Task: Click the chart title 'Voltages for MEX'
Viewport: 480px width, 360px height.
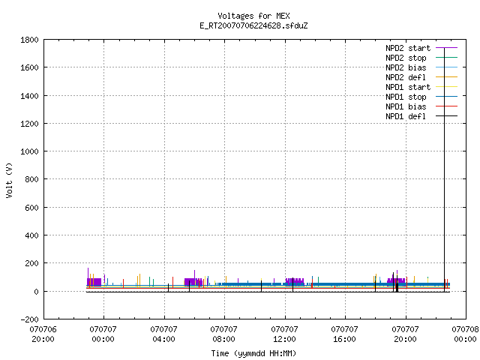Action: [x=253, y=16]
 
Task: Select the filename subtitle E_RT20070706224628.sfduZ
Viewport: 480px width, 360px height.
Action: [x=253, y=25]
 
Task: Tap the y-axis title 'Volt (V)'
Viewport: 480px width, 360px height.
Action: [x=9, y=180]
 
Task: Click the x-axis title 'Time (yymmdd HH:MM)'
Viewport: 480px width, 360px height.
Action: [x=253, y=353]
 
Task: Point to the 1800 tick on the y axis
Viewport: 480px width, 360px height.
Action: [x=29, y=40]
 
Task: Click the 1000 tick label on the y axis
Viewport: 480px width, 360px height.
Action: [x=29, y=151]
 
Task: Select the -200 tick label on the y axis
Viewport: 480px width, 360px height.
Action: [x=29, y=319]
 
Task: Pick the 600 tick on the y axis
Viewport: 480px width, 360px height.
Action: [x=31, y=208]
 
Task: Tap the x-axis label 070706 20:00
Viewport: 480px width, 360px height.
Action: [x=43, y=334]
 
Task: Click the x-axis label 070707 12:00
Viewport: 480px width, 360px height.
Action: [x=284, y=334]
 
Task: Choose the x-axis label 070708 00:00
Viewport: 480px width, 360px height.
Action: [x=465, y=334]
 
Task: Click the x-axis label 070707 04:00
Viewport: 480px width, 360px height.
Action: [x=163, y=334]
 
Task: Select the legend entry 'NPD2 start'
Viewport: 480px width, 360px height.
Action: [x=421, y=48]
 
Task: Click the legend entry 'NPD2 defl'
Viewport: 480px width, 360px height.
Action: [x=421, y=77]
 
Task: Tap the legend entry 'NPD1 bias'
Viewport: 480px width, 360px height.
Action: [x=421, y=106]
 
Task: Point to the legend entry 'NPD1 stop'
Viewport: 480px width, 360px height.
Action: [x=421, y=97]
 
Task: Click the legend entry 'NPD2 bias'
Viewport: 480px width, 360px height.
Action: [x=421, y=67]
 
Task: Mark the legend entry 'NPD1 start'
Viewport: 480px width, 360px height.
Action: [x=421, y=87]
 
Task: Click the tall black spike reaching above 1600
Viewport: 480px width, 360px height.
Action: [x=445, y=170]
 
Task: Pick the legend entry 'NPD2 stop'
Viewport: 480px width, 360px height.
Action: [x=421, y=58]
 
